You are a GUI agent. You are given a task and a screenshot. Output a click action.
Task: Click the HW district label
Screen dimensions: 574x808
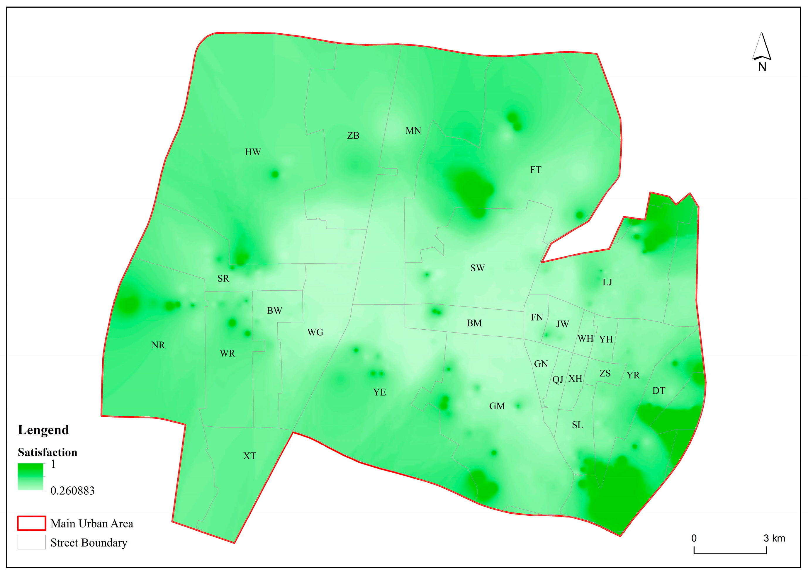point(253,152)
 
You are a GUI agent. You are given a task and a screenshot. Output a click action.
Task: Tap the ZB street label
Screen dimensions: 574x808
point(353,136)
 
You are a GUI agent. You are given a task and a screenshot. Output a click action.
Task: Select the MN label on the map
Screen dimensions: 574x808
point(413,131)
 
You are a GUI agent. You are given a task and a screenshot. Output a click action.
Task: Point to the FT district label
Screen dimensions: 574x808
point(535,170)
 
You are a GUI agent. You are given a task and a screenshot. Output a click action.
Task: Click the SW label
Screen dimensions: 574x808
point(477,268)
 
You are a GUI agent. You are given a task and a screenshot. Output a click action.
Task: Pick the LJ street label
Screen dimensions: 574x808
point(607,282)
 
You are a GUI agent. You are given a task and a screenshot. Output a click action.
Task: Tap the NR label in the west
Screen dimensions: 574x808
point(158,345)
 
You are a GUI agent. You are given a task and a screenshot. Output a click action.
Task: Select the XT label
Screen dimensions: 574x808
point(250,456)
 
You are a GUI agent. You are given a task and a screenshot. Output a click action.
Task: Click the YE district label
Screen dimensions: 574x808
point(379,392)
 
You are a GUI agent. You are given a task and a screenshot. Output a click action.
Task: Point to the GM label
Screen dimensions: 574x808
point(497,406)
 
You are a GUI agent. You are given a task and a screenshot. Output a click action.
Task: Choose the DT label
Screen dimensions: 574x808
point(659,391)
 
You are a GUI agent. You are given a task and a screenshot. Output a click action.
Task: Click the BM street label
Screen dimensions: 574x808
point(474,323)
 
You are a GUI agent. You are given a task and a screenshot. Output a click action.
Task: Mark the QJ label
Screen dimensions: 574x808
point(558,380)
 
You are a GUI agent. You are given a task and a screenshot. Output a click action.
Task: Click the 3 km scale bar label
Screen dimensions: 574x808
point(774,538)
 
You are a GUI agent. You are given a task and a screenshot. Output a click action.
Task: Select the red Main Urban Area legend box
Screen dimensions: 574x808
point(31,523)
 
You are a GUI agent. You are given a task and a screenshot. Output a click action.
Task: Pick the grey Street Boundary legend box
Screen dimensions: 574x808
point(31,542)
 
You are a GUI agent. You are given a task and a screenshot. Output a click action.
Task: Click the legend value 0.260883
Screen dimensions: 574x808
point(72,490)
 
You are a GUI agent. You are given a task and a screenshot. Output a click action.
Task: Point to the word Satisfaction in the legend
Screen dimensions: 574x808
point(47,452)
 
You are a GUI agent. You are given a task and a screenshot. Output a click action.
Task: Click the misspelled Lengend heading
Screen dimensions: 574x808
point(43,430)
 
